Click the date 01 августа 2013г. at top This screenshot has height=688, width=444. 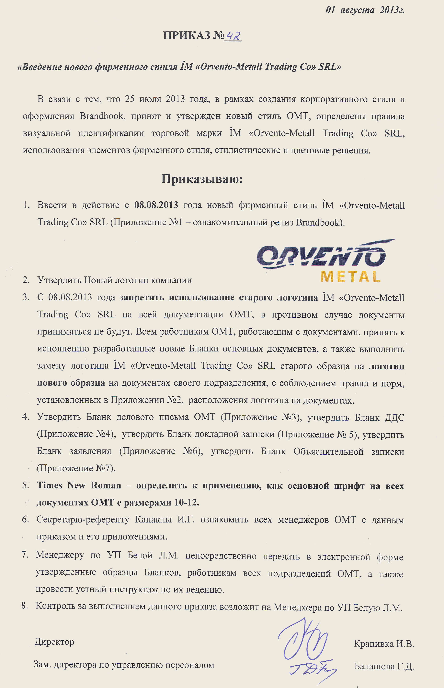[365, 10]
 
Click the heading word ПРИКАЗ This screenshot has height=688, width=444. [187, 35]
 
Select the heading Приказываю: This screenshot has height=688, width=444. [202, 179]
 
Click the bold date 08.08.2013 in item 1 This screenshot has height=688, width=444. [156, 205]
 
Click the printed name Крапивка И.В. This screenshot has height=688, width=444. [384, 644]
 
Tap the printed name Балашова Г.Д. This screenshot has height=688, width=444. [384, 666]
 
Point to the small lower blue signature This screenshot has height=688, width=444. [313, 670]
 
